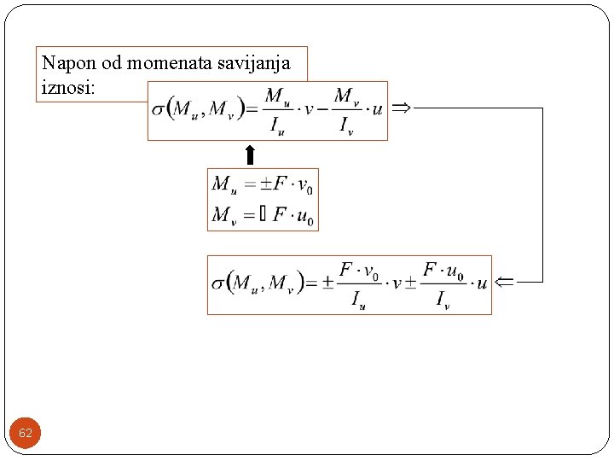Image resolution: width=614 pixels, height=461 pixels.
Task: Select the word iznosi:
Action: tap(65, 87)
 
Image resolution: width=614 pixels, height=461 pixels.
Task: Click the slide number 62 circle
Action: tap(26, 434)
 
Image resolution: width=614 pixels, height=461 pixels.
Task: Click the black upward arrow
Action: tap(249, 155)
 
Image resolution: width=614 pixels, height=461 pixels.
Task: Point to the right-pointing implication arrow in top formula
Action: tap(401, 108)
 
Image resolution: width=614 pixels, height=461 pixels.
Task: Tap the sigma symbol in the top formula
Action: tap(159, 109)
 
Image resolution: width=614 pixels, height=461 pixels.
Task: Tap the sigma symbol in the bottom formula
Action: tap(218, 283)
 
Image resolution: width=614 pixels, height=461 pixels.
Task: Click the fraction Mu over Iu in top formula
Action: tap(276, 111)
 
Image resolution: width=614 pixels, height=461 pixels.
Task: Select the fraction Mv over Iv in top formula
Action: tap(345, 111)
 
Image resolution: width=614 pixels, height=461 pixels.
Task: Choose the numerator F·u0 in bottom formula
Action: tap(443, 271)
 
